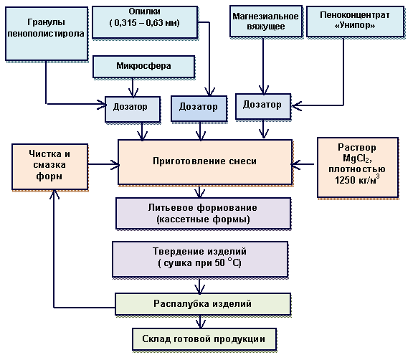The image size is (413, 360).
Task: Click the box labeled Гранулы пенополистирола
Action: (47, 34)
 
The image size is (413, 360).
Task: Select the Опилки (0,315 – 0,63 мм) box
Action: (145, 22)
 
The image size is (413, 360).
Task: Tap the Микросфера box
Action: (144, 67)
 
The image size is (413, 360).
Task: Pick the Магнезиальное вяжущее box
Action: (266, 21)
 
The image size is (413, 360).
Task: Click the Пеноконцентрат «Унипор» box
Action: (356, 22)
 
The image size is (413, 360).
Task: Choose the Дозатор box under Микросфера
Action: (133, 109)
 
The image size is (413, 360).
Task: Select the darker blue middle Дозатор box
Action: (199, 108)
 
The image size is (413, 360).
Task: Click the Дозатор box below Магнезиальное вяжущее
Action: (263, 106)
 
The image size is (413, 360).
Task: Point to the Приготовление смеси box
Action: (205, 162)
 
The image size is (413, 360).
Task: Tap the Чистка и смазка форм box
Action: (49, 166)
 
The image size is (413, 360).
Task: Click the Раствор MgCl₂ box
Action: (358, 167)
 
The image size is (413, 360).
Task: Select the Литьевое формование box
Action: (204, 213)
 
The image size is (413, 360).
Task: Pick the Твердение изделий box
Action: (200, 259)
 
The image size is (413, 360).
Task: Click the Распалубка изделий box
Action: (203, 304)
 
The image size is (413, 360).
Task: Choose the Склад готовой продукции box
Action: (204, 339)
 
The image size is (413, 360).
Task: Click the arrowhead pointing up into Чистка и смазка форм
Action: (54, 194)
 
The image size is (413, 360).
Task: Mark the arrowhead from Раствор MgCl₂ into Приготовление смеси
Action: (295, 164)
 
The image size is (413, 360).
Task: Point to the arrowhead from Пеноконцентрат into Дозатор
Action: (296, 105)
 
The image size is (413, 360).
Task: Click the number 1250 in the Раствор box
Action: (344, 180)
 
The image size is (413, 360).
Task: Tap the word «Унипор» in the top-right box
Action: (355, 26)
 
